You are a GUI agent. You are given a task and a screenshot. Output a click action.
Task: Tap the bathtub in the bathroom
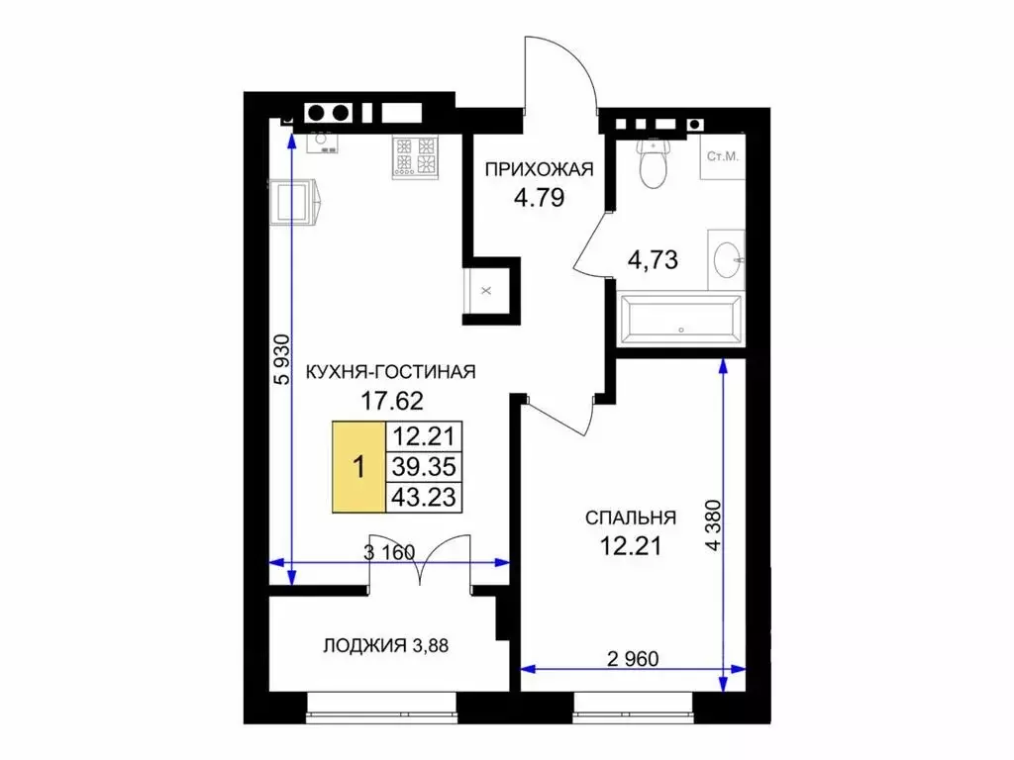tap(680, 319)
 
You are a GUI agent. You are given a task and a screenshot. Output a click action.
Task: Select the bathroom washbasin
tap(726, 260)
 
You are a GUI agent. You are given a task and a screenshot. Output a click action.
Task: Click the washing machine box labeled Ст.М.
tap(722, 156)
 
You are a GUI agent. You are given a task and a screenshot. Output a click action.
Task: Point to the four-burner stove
tap(415, 155)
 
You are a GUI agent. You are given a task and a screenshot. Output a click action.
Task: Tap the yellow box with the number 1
tap(358, 467)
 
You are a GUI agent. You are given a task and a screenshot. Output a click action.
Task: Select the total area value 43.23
tap(424, 497)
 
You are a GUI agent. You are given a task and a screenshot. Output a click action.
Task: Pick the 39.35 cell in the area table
tap(424, 467)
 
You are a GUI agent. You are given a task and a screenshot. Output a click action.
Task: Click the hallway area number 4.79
tap(540, 197)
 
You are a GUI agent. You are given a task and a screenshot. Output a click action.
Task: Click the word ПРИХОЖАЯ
tap(540, 169)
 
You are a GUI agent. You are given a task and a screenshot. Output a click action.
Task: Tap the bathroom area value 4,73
tap(654, 260)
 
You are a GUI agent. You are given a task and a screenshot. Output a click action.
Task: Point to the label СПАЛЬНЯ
tap(631, 518)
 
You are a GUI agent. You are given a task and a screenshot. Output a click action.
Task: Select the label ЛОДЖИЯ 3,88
tap(385, 645)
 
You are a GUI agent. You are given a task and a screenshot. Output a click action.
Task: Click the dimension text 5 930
tap(282, 359)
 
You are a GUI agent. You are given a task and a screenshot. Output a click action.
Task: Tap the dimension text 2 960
tap(633, 658)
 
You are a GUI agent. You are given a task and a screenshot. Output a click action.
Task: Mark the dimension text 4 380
tap(713, 524)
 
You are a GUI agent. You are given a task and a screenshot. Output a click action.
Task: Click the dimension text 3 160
tap(388, 552)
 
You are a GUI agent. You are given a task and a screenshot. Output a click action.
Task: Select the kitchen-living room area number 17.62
tap(392, 402)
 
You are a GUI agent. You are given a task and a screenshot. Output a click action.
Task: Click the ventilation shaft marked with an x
tap(486, 291)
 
